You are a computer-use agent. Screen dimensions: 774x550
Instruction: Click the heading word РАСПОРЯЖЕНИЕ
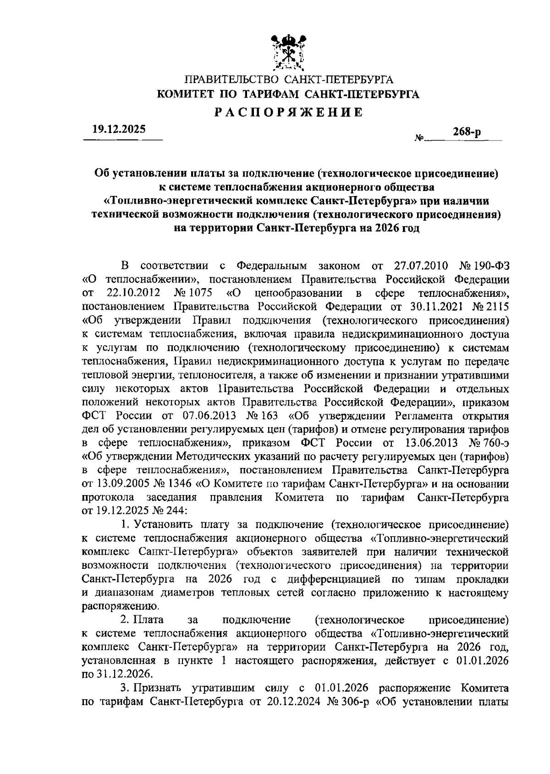289,112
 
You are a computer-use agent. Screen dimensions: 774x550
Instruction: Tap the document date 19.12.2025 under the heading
118,130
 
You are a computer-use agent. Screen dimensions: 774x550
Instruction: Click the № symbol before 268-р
418,137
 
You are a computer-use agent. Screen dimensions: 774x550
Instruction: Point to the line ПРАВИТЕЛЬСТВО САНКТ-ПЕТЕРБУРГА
289,80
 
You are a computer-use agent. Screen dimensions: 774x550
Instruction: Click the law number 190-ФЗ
491,266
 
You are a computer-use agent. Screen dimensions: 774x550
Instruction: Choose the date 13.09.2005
121,484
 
